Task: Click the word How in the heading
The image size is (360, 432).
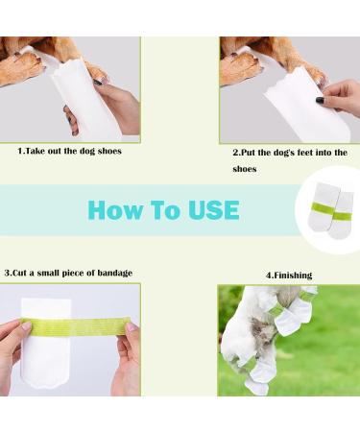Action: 113,211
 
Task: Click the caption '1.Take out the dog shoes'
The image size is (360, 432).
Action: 70,151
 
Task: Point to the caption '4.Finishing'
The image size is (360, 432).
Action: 288,276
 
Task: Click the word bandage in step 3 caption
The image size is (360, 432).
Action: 110,273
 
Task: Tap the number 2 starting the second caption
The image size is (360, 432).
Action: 235,153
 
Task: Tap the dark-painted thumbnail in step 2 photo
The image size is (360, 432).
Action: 320,99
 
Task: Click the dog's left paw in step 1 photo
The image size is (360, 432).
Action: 24,67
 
